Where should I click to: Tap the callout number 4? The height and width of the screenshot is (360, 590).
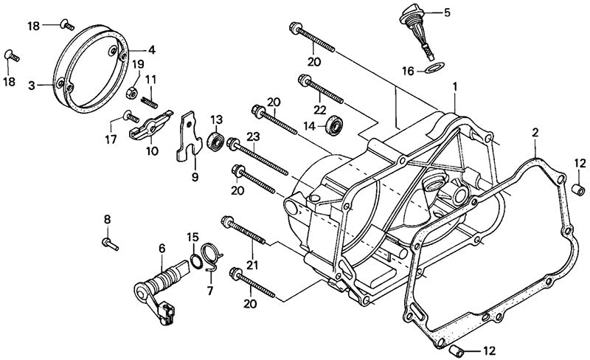pos(152,50)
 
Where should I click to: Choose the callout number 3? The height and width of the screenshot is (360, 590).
pos(32,86)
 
